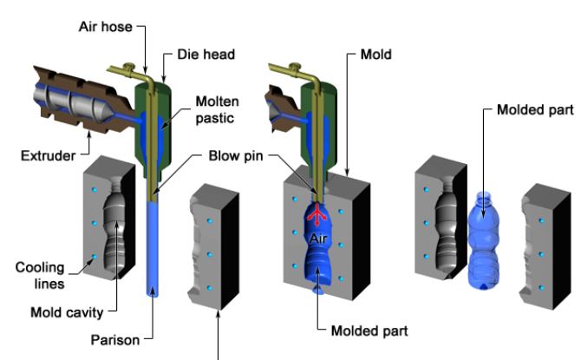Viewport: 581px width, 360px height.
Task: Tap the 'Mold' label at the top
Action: [x=376, y=54]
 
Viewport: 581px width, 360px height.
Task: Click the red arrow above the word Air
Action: [x=317, y=213]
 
